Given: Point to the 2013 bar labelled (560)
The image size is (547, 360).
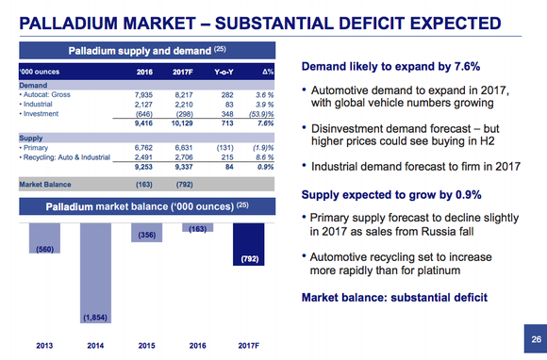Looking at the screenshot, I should click(x=42, y=240).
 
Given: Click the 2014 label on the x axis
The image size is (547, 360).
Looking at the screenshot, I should click(x=95, y=345).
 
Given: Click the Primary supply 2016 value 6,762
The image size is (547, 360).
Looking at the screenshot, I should click(x=144, y=146).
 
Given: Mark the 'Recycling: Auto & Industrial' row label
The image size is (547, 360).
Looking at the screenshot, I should click(x=65, y=155).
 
